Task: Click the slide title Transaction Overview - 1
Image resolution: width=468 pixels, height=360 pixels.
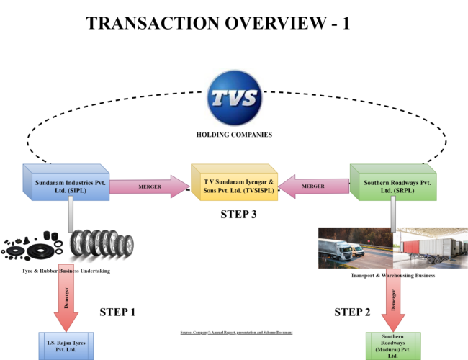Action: click(x=218, y=22)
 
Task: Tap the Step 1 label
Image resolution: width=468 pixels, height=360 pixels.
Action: click(x=117, y=312)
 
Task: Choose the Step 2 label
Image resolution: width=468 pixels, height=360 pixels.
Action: click(x=353, y=312)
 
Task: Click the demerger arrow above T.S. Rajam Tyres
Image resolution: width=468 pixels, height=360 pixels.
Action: click(x=69, y=303)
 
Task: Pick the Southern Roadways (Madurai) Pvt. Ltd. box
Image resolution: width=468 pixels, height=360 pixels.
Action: click(x=392, y=346)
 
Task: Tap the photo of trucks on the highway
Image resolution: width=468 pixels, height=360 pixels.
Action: click(x=354, y=248)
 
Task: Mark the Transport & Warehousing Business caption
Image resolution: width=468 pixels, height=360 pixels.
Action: click(x=392, y=276)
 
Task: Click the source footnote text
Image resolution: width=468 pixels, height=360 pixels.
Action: click(x=236, y=333)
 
